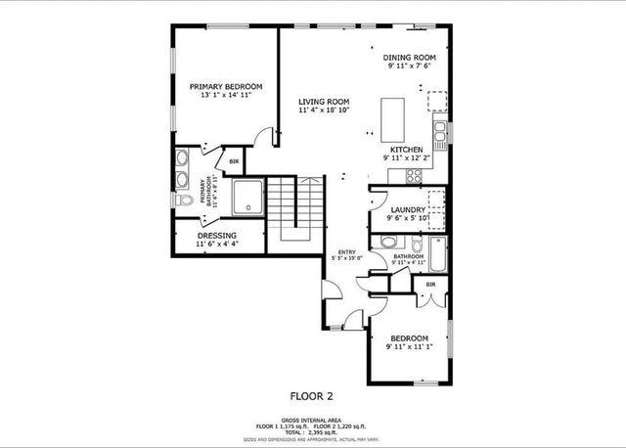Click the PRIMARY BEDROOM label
click(x=225, y=87)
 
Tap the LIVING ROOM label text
click(x=324, y=101)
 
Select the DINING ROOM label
click(x=409, y=58)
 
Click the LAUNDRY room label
click(x=408, y=210)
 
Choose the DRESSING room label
click(x=217, y=236)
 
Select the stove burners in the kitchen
click(x=414, y=176)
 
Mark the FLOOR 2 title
click(x=312, y=396)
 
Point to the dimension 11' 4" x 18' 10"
click(x=324, y=111)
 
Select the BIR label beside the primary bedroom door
click(x=234, y=161)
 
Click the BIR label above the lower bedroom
click(x=429, y=285)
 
